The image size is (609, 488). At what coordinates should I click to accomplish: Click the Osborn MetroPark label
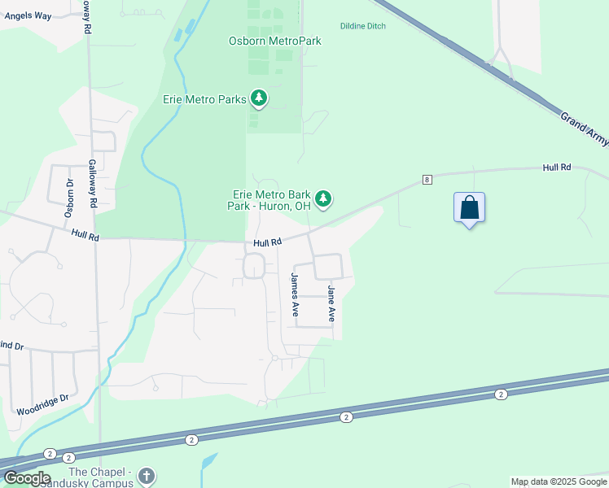(x=274, y=41)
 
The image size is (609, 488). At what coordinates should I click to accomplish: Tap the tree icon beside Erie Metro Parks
(x=259, y=99)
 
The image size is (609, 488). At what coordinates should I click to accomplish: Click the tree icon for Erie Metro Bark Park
(x=323, y=198)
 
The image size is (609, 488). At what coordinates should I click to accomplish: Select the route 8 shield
(x=426, y=179)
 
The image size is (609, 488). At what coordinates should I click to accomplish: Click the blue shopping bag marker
(x=469, y=207)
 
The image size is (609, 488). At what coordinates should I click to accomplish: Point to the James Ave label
(x=296, y=294)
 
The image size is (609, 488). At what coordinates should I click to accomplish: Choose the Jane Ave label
(x=331, y=303)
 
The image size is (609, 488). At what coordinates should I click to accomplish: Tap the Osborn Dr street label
(x=69, y=198)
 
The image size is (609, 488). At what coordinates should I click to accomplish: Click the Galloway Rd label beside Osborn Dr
(x=93, y=182)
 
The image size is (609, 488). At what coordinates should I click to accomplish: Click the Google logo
(x=26, y=478)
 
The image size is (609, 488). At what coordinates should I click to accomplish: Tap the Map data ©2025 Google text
(x=559, y=481)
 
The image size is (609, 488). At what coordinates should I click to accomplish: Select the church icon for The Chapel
(x=146, y=475)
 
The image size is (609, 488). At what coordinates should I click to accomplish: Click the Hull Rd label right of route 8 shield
(x=557, y=167)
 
